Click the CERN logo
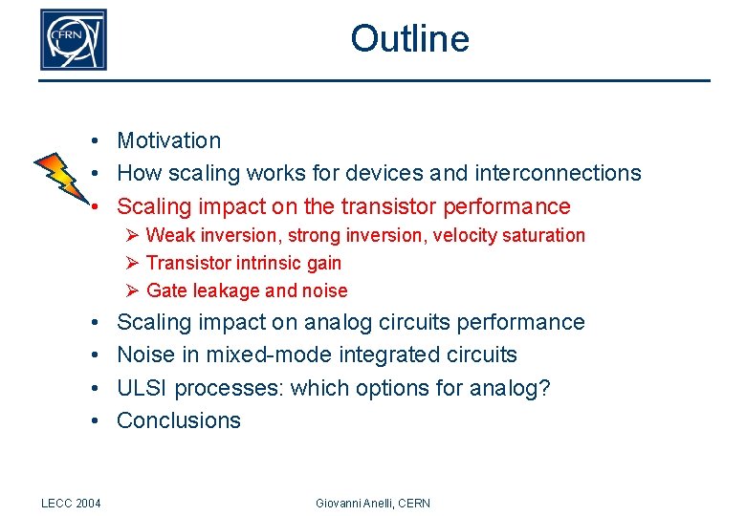(73, 40)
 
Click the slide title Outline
(409, 39)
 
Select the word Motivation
(168, 140)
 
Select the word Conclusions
(179, 420)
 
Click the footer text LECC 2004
(72, 503)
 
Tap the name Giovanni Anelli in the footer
(352, 503)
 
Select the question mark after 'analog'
(545, 388)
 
